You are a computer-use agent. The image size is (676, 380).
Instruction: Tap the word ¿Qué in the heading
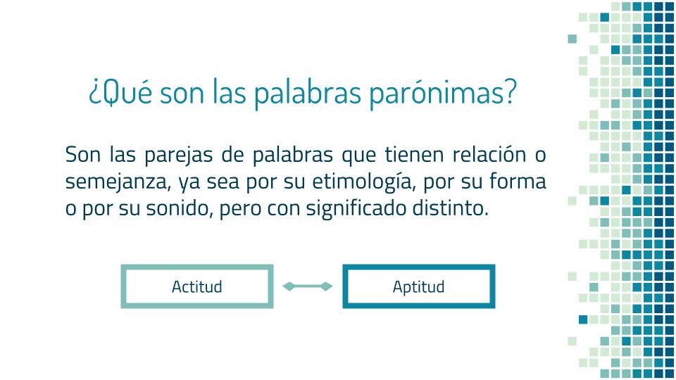pyautogui.click(x=120, y=91)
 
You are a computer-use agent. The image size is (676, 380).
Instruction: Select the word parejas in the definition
pyautogui.click(x=178, y=155)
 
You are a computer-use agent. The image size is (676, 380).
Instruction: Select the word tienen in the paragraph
pyautogui.click(x=414, y=154)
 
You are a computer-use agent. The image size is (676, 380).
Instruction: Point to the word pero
pyautogui.click(x=239, y=210)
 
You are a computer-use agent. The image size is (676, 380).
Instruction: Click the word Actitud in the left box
pyautogui.click(x=197, y=286)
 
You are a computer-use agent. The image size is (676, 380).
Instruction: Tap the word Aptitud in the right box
pyautogui.click(x=418, y=287)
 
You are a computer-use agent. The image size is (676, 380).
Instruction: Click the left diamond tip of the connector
pyautogui.click(x=283, y=286)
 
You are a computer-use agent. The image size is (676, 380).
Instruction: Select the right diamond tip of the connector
pyautogui.click(x=332, y=286)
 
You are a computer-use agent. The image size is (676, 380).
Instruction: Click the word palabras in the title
pyautogui.click(x=307, y=93)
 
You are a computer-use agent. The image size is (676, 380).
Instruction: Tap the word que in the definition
pyautogui.click(x=358, y=156)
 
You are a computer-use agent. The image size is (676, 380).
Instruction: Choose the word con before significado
pyautogui.click(x=283, y=210)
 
